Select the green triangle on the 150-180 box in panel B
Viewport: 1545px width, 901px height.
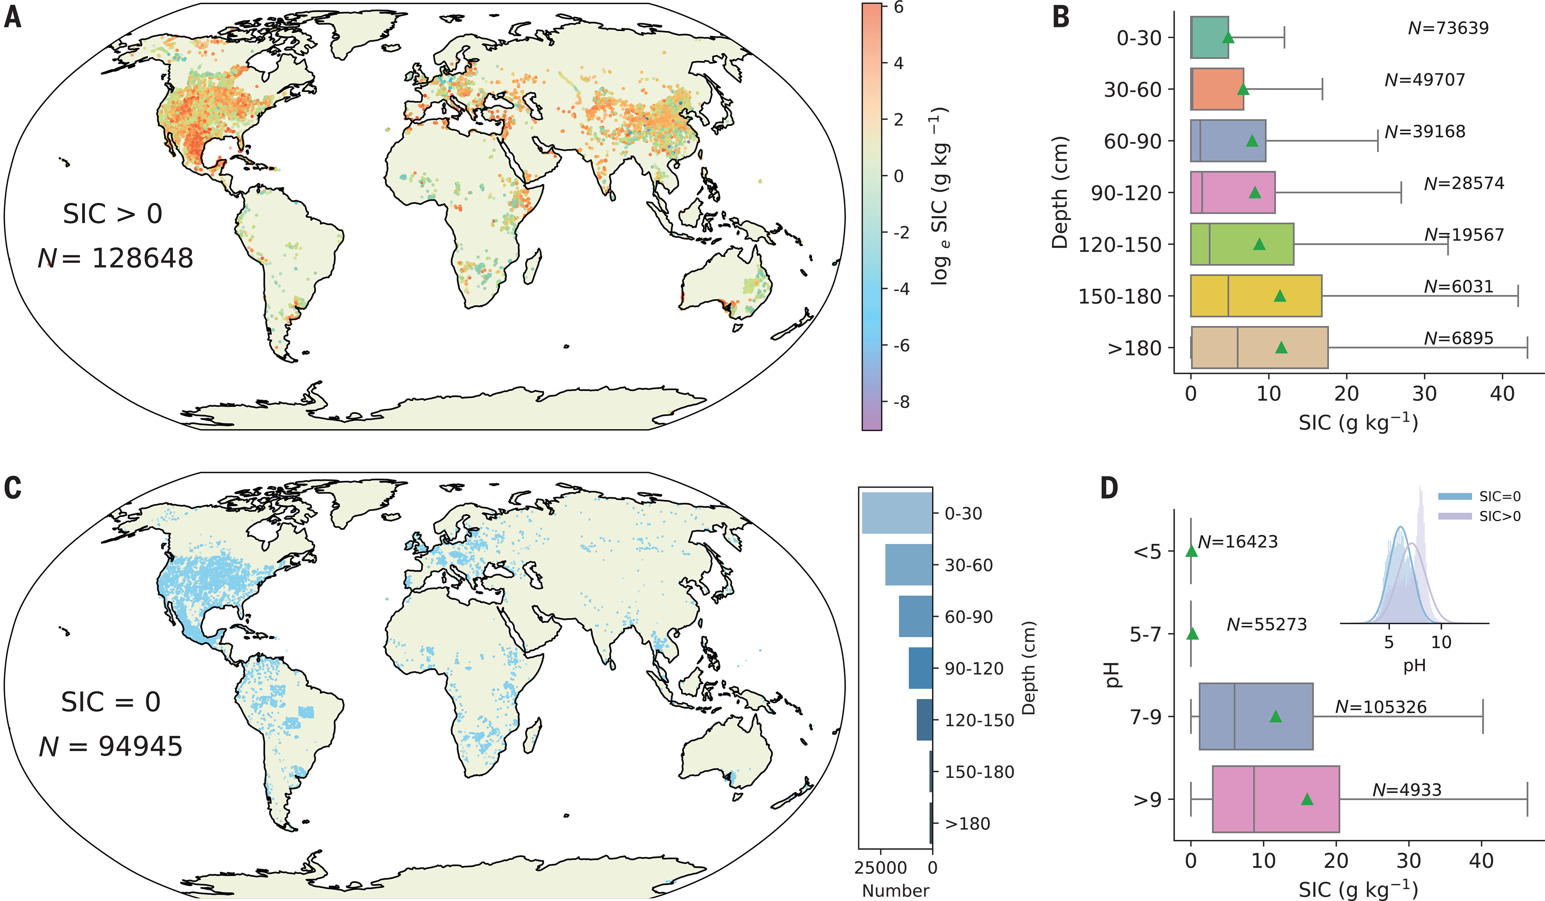coord(1280,296)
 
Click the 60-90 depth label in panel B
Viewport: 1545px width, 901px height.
coord(1132,142)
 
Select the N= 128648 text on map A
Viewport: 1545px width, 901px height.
coord(116,258)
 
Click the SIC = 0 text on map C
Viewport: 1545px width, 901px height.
coord(111,702)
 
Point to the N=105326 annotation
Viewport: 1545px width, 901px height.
coord(1381,707)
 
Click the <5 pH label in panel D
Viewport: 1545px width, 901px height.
coord(1147,552)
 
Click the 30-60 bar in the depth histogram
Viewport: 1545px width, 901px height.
coord(909,564)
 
